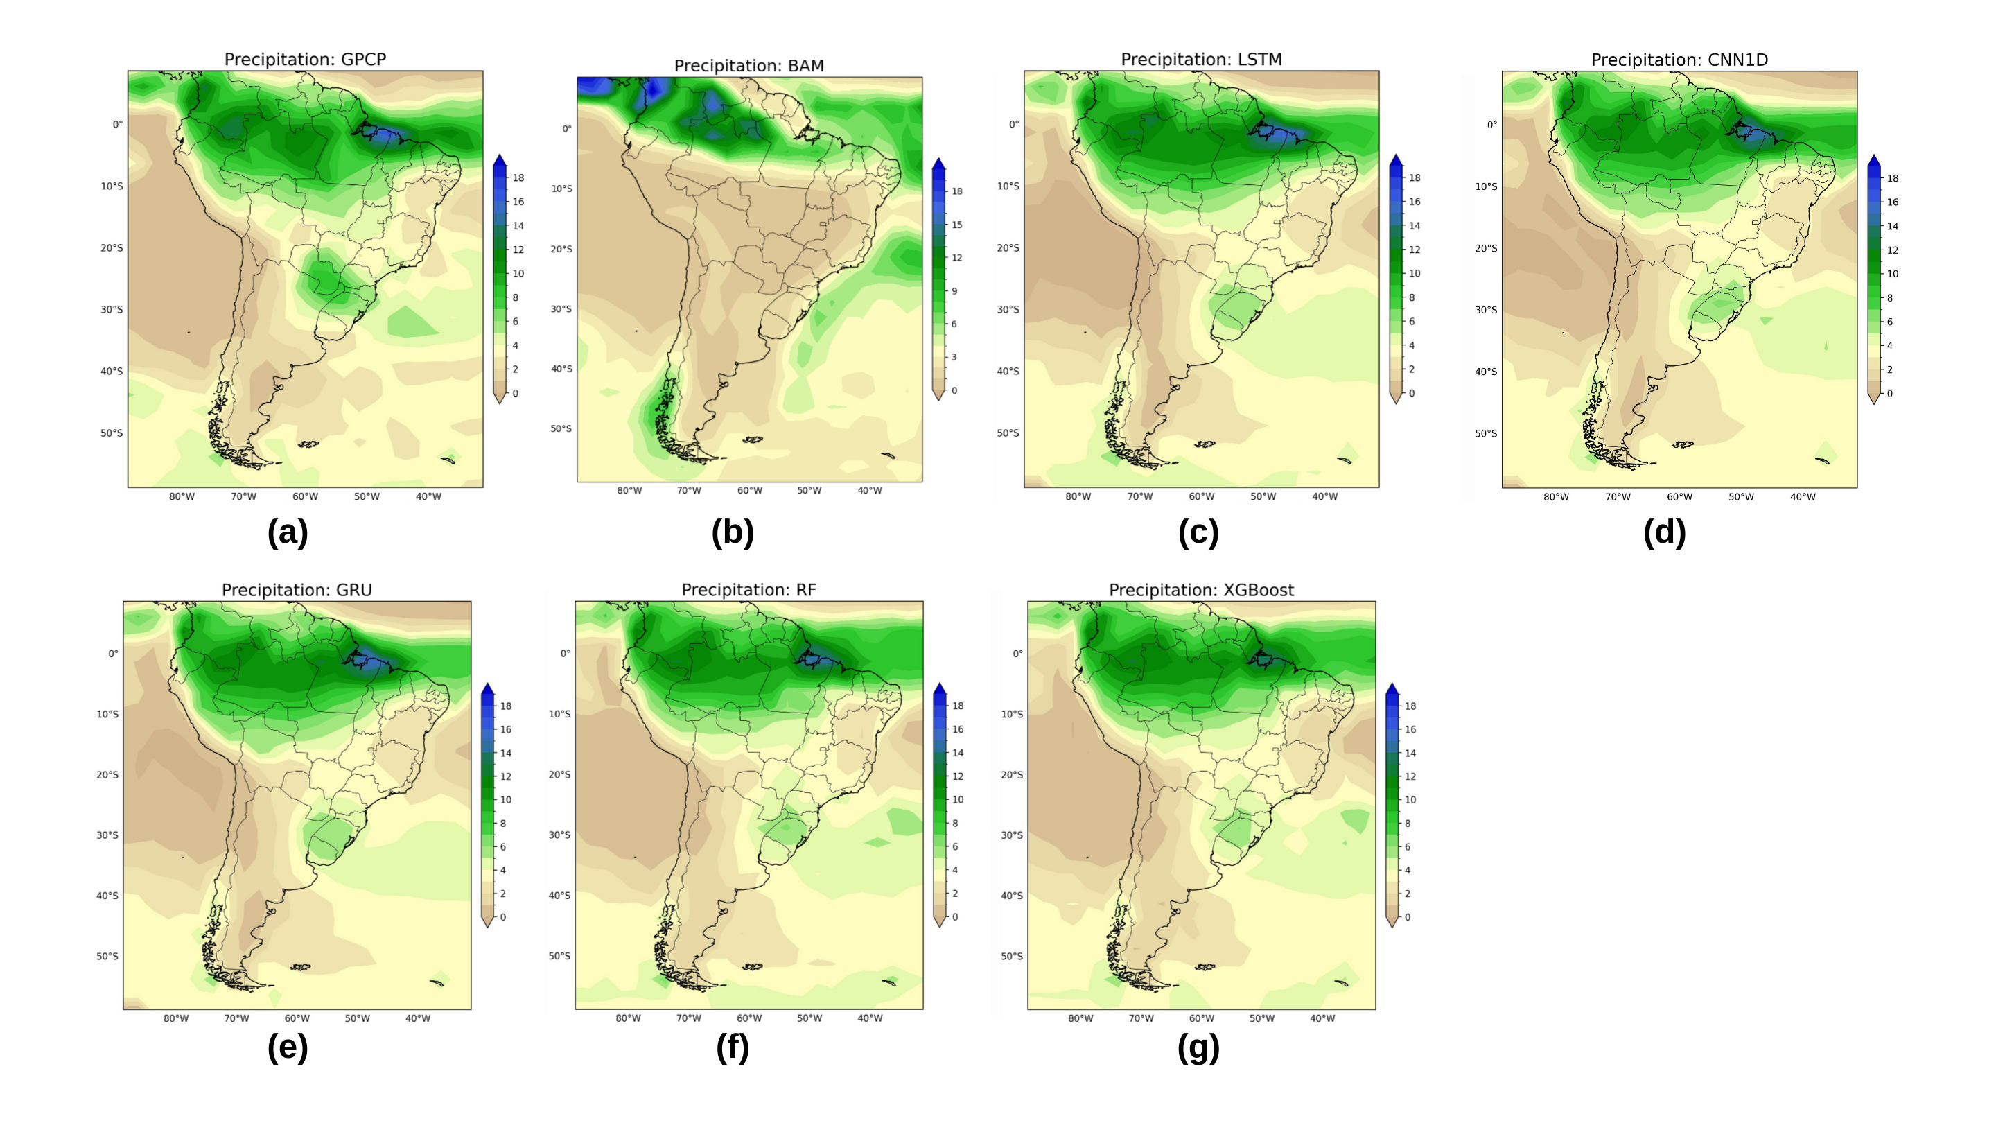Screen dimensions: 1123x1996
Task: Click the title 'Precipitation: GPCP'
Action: tap(304, 60)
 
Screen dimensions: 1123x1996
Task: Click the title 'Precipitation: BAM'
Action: tap(748, 66)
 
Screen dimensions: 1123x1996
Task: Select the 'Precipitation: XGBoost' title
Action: tap(1201, 590)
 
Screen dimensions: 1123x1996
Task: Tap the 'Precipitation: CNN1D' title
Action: tap(1679, 60)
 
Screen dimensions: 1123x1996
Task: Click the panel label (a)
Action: tap(288, 532)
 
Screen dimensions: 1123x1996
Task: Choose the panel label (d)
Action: tap(1664, 532)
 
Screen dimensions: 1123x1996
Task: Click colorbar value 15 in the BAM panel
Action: tap(957, 225)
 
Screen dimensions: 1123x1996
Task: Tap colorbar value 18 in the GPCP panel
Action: tap(518, 177)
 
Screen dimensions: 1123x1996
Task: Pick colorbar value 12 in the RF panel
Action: tap(958, 776)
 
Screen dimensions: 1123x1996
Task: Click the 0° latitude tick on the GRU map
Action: tap(113, 653)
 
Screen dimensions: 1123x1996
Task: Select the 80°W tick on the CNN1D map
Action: tap(1556, 497)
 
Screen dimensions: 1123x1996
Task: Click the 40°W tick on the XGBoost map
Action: tap(1322, 1018)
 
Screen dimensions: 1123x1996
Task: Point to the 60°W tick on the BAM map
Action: tap(749, 491)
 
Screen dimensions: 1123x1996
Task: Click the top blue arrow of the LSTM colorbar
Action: tap(1396, 160)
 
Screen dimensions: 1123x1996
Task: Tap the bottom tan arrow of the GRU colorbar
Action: tap(487, 921)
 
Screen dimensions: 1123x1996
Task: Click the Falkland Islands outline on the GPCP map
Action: tap(308, 444)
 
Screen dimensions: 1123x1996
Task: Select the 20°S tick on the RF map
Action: tap(559, 774)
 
